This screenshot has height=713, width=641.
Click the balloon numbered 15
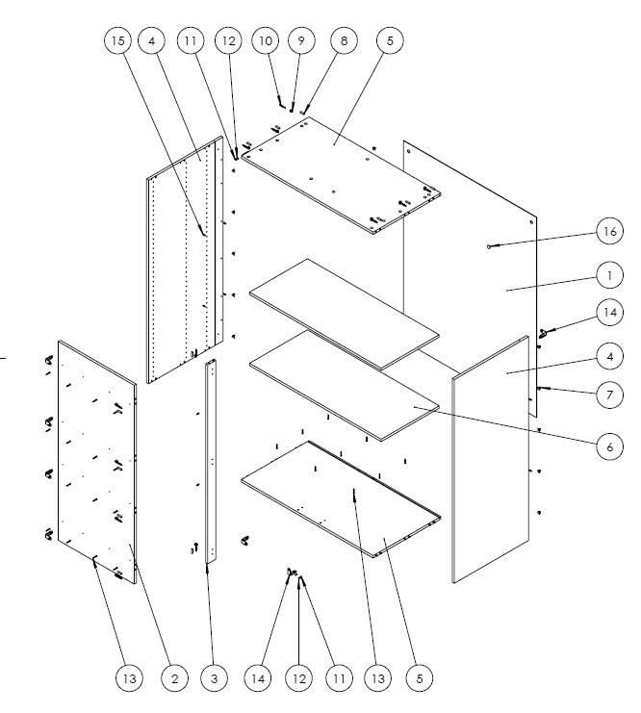(117, 41)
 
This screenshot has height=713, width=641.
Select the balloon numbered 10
(266, 41)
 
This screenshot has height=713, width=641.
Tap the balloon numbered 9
(301, 41)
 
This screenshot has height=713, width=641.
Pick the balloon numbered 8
(344, 41)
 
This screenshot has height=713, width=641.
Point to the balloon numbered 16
(609, 231)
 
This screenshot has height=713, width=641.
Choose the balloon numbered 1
(609, 275)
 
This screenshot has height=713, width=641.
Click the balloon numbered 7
(609, 395)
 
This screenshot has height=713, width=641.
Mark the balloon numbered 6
(609, 446)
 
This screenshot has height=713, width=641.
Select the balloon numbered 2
(175, 679)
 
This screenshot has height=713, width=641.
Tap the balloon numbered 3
(214, 679)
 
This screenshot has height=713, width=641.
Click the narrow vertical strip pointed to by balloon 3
(211, 461)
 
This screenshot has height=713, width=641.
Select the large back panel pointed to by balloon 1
(471, 277)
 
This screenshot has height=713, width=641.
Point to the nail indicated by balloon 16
(489, 246)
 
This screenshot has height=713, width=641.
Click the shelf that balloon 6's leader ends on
(345, 386)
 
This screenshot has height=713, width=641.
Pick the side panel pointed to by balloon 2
(97, 462)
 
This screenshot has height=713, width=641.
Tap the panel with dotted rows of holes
(185, 260)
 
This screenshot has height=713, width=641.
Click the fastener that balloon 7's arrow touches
(539, 389)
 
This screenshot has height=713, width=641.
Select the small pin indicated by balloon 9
(292, 110)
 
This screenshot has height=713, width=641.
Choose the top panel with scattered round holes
(341, 175)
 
